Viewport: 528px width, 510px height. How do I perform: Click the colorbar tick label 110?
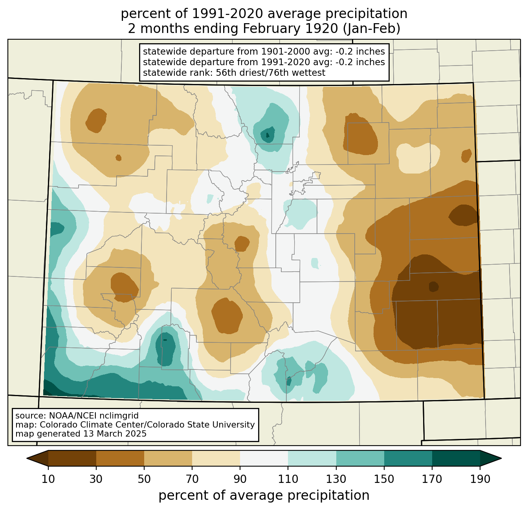point(288,479)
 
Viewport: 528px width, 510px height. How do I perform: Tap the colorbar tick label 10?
point(48,479)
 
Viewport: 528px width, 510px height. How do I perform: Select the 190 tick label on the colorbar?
point(480,479)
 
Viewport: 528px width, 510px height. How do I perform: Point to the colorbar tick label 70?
point(192,479)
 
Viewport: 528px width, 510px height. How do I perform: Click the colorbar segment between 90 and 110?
point(264,458)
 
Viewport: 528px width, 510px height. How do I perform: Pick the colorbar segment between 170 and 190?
point(456,458)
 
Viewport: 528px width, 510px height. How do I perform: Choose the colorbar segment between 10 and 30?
point(72,458)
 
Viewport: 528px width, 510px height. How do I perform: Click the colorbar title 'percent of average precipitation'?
point(264,495)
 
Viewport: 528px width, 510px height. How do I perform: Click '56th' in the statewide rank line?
point(225,73)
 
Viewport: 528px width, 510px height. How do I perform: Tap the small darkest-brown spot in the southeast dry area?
point(433,287)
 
